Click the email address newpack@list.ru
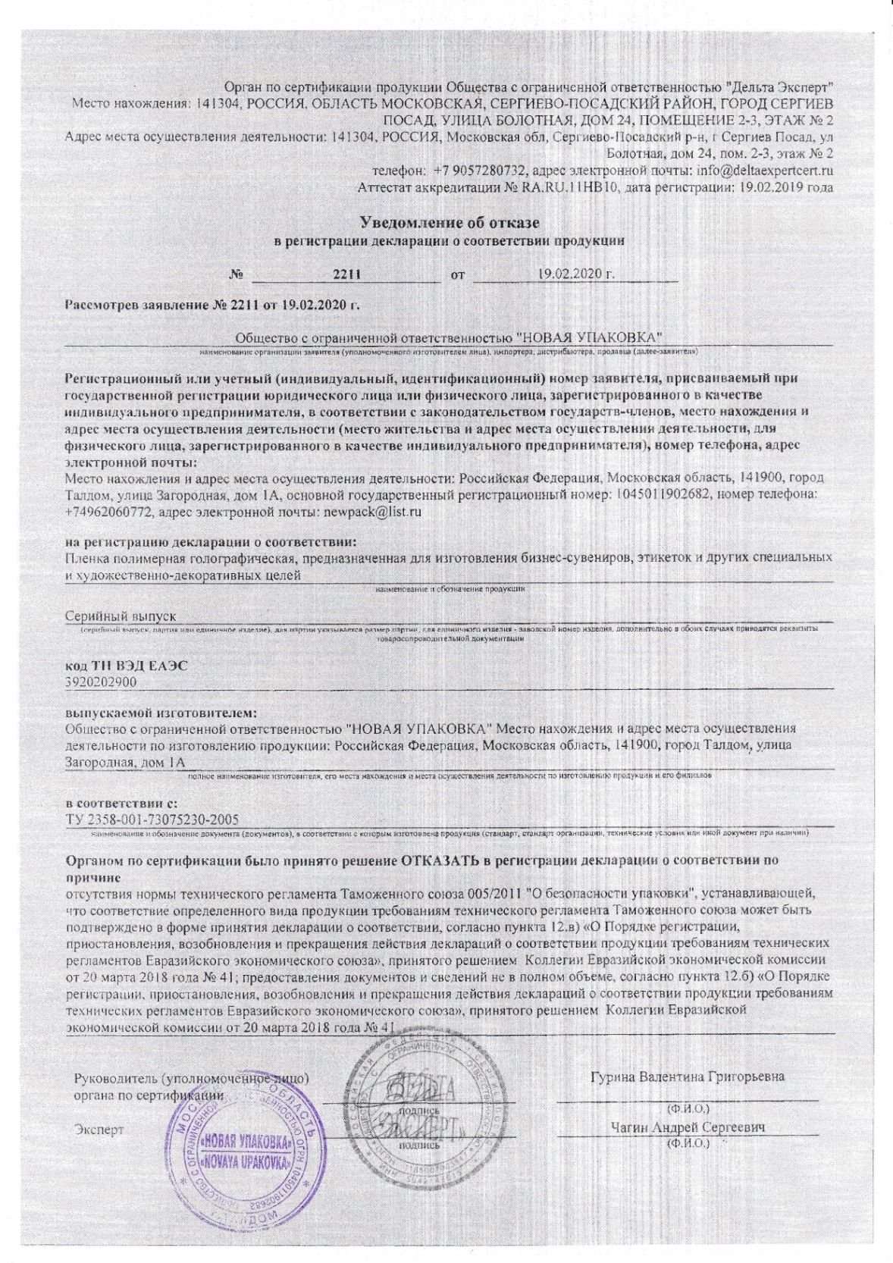(372, 512)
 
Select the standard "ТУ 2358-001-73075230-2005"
(152, 819)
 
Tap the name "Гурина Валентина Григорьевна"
(688, 1077)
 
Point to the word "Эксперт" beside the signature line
(99, 1130)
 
